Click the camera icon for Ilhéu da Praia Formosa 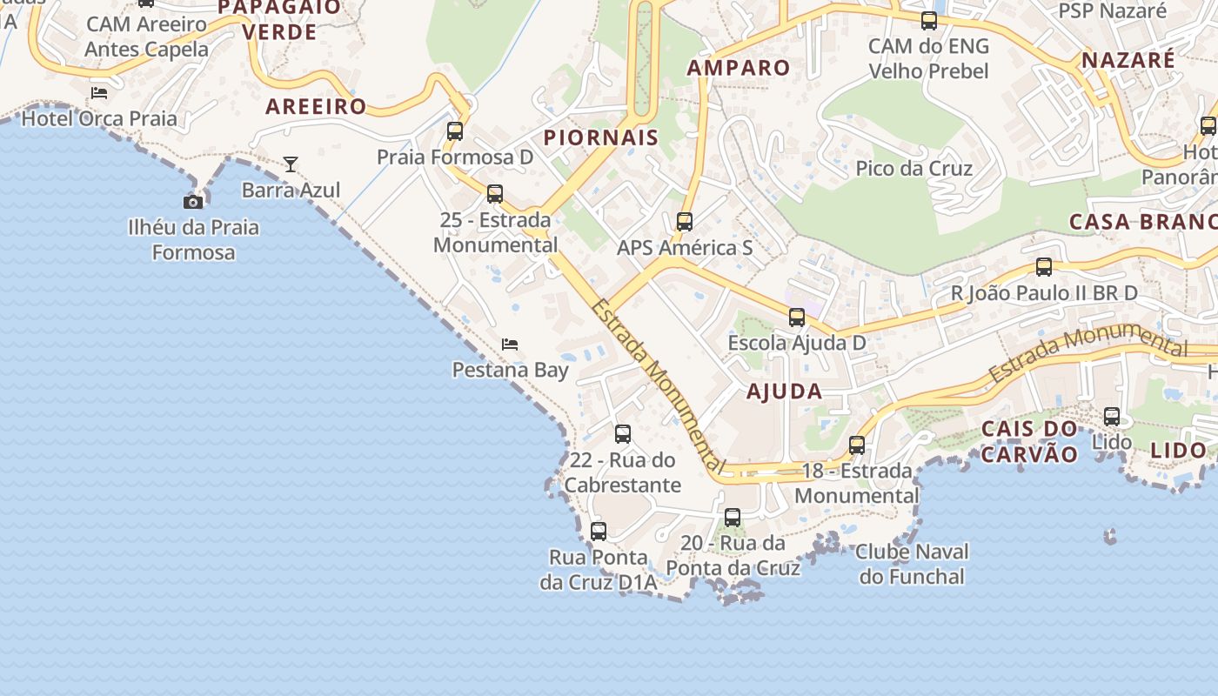click(x=193, y=203)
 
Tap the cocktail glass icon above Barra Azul click(x=291, y=164)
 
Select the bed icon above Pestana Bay click(x=510, y=345)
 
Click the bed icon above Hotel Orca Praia click(x=99, y=93)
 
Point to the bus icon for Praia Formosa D click(x=455, y=131)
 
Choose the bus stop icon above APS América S click(x=685, y=222)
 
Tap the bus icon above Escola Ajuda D click(x=797, y=318)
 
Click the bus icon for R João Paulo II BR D click(x=1044, y=267)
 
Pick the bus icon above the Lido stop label click(x=1112, y=417)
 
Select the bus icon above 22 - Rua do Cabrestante click(x=623, y=434)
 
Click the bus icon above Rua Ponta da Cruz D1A click(x=599, y=532)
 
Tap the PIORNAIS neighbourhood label click(x=601, y=137)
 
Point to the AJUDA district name click(x=784, y=391)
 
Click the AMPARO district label click(x=739, y=68)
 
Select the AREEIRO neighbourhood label click(x=316, y=107)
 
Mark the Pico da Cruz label click(x=913, y=168)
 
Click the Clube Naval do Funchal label click(x=912, y=564)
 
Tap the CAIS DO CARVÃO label click(x=1029, y=441)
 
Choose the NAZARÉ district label click(x=1128, y=60)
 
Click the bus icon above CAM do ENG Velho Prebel click(x=929, y=21)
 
